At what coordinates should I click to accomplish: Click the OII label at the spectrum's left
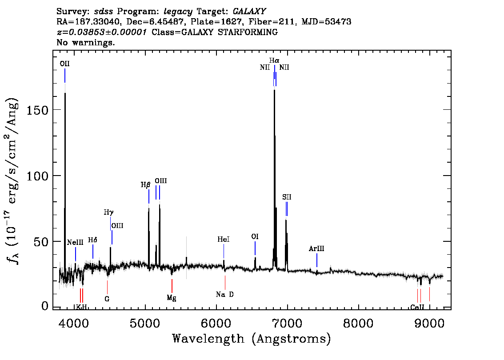pos(64,64)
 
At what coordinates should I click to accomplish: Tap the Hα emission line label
pos(274,60)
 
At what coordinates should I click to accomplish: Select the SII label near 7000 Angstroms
pos(287,197)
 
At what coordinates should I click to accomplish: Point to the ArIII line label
pos(316,248)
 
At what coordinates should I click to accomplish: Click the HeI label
pos(224,240)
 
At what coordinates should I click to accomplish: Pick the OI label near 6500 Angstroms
pos(255,236)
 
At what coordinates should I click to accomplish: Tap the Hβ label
pos(146,185)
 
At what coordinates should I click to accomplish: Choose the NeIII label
pos(75,242)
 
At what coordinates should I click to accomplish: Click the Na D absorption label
pos(225,294)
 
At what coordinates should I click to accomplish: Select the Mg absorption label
pos(172,298)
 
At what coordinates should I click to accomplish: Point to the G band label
pos(107,299)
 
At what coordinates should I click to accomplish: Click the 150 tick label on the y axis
pos(37,110)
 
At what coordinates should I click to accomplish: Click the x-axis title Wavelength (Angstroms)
pos(252,339)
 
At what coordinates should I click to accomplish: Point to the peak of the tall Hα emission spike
pos(274,90)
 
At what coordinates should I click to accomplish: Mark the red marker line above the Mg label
pos(172,286)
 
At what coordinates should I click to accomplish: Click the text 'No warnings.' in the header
pos(85,42)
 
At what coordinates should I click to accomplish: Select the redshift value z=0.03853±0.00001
pos(102,32)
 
